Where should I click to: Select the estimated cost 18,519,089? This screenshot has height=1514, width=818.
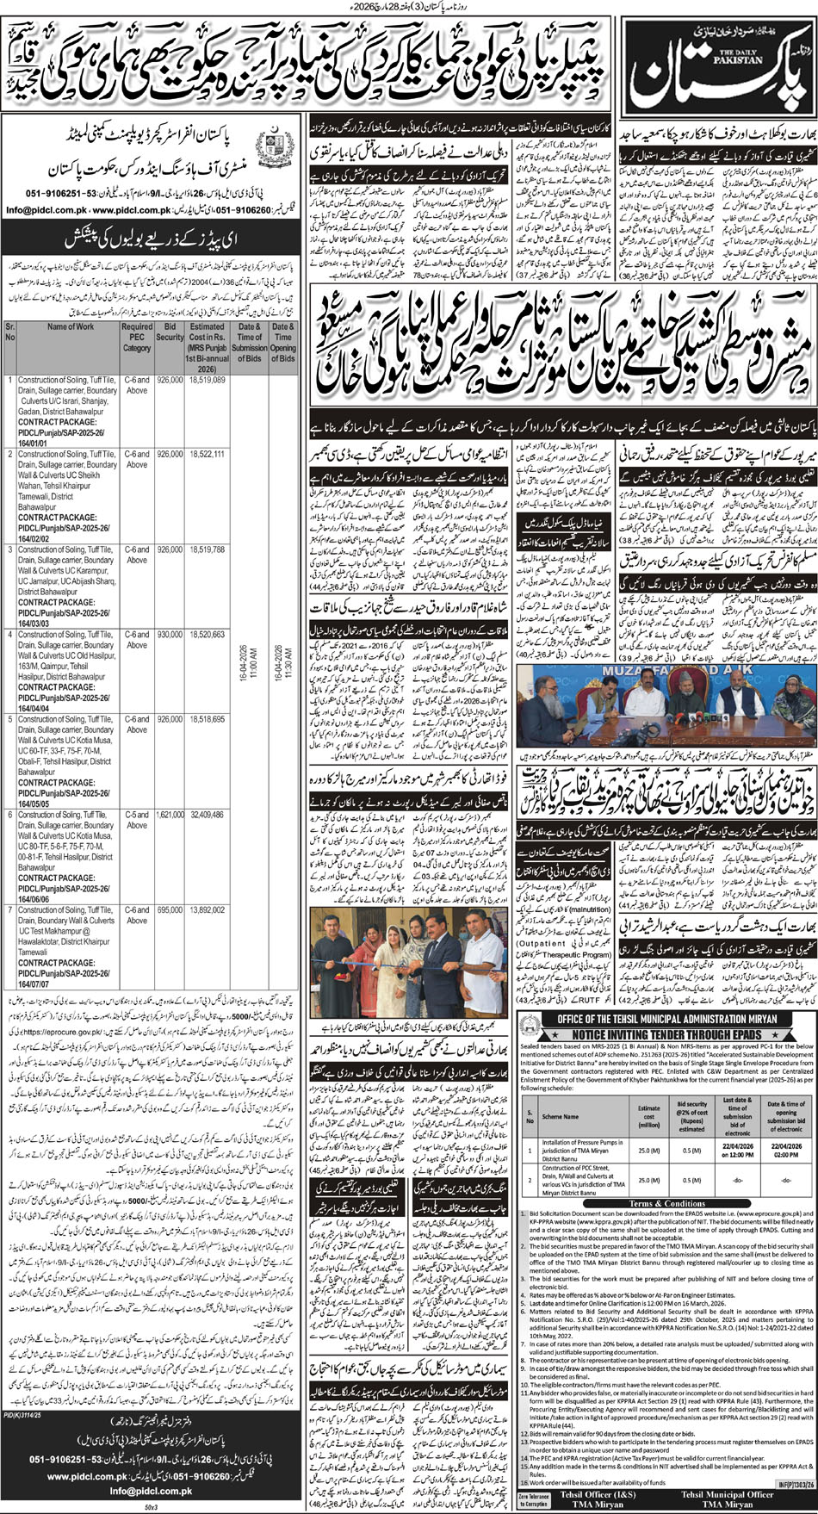tap(207, 380)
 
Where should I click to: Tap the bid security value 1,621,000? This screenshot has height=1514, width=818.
tap(170, 814)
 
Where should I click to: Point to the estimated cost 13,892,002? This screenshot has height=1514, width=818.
tap(207, 909)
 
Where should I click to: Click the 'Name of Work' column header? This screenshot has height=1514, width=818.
tap(71, 327)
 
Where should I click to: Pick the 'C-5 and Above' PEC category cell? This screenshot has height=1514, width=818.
tap(137, 819)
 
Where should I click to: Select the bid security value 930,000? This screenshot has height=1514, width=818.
tap(170, 634)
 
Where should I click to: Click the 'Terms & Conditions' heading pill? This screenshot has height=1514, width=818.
tap(666, 1203)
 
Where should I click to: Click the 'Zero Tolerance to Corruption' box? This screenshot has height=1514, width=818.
tap(534, 1499)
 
